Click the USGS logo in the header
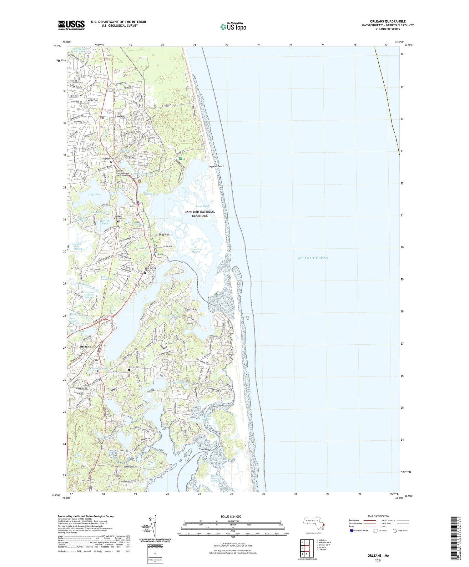[x=71, y=25]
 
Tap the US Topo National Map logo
[x=233, y=27]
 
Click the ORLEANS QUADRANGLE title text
[x=387, y=21]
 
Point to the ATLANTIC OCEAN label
[x=313, y=258]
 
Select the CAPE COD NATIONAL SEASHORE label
[x=200, y=214]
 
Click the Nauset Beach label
[x=217, y=166]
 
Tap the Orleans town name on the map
[x=85, y=347]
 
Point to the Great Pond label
[x=94, y=195]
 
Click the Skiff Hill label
[x=164, y=234]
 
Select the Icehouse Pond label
[x=170, y=316]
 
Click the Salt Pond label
[x=150, y=194]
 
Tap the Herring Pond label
[x=105, y=222]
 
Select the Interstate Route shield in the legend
[x=351, y=531]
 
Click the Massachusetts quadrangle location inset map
[x=315, y=523]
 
